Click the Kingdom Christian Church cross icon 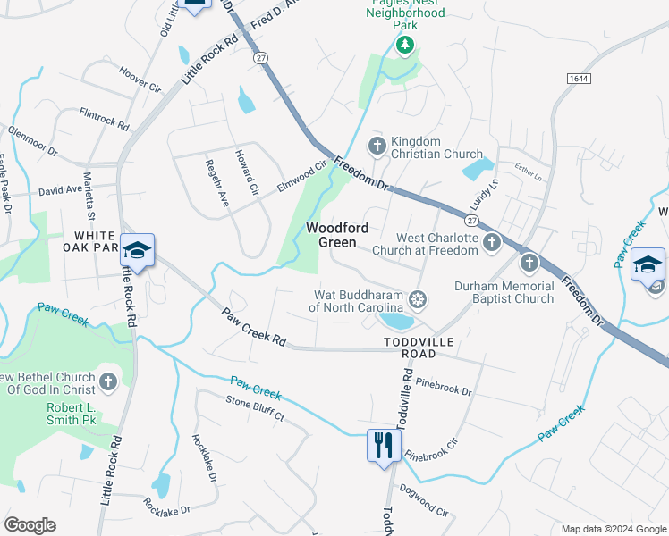(x=377, y=146)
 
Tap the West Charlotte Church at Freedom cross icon (x=491, y=243)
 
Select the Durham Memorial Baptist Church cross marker (x=529, y=264)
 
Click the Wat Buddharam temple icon (x=417, y=298)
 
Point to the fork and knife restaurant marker (x=383, y=444)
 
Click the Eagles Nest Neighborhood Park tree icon (x=406, y=45)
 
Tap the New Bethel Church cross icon (x=107, y=382)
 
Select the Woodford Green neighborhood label (x=337, y=235)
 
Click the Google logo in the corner (x=30, y=525)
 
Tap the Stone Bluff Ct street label (x=255, y=409)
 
